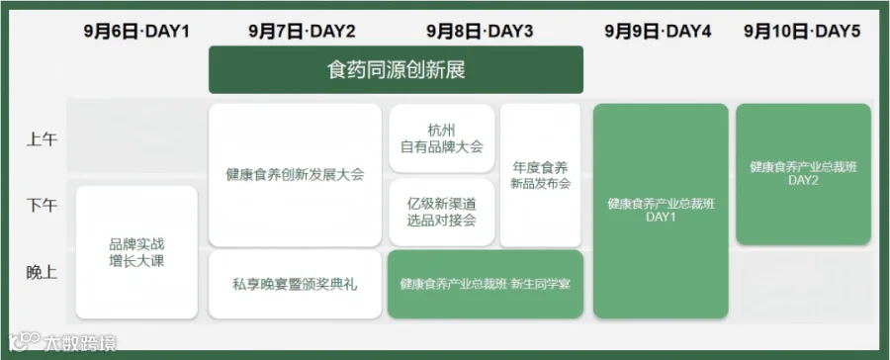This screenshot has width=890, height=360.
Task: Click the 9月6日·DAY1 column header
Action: pos(136,32)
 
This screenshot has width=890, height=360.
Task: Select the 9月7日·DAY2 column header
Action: pos(302,32)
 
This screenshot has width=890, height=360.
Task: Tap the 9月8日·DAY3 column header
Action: pos(481,32)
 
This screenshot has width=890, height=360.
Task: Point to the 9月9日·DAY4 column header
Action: pos(658,32)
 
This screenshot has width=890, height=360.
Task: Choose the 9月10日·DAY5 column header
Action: pos(802,32)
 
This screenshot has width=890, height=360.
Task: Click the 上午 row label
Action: pos(42,139)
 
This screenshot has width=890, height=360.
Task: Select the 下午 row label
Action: pos(42,205)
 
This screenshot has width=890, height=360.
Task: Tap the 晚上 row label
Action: pos(42,273)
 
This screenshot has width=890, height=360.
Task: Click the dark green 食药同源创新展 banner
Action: pos(396,70)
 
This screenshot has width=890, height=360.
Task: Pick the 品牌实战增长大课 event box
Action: pos(136,252)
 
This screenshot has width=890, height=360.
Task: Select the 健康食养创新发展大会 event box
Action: pos(295,175)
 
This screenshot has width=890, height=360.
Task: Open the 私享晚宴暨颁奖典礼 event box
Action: pos(295,284)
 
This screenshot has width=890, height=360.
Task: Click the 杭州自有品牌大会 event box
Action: pos(442,138)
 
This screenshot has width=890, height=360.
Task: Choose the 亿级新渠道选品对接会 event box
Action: pos(442,213)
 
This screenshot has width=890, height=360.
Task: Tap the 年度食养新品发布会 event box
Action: pos(540,175)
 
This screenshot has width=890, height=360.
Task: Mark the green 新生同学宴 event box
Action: pos(486,284)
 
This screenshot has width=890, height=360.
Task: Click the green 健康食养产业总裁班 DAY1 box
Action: pos(661,211)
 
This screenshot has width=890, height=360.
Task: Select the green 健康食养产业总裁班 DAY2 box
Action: pos(803,174)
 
